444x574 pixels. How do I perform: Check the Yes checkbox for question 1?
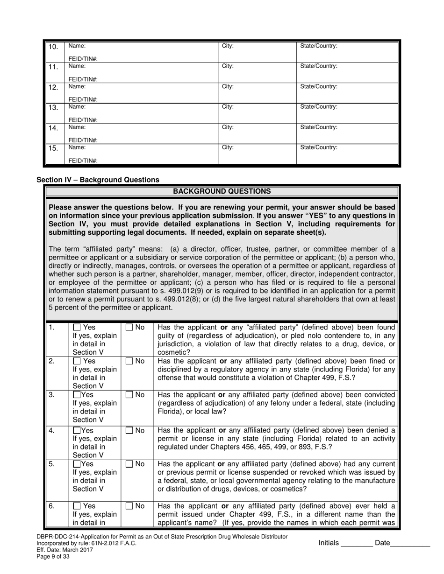pos(77,328)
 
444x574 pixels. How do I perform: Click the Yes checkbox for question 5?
pos(77,464)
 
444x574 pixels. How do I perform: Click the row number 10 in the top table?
pos(53,47)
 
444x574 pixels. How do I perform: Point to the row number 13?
pos(53,108)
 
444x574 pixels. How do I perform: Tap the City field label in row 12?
pos(228,87)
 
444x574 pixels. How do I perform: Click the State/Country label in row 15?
pos(319,147)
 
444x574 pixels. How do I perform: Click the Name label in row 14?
pos(77,127)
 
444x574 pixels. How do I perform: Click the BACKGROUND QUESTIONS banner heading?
pos(222,191)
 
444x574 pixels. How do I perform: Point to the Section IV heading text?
pos(98,180)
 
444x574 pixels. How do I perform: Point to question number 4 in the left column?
pos(52,430)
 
